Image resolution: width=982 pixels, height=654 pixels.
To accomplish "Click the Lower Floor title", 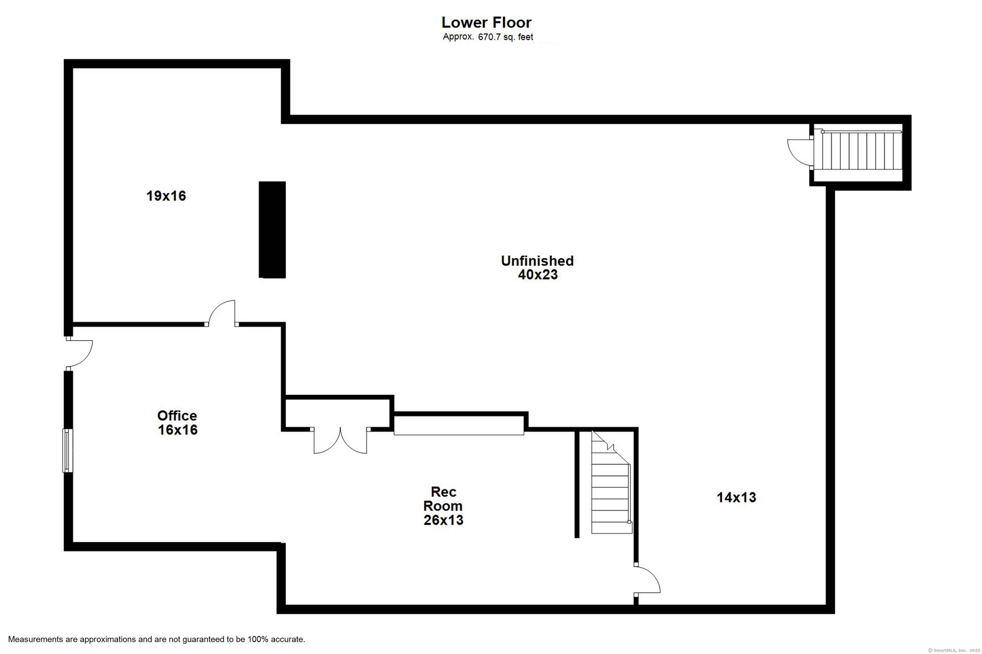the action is point(487,22).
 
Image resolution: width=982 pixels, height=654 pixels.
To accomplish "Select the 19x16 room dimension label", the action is point(166,196).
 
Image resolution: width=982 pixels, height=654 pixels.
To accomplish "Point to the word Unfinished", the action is point(537,261).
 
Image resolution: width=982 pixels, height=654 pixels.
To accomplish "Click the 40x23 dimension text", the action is point(538,274).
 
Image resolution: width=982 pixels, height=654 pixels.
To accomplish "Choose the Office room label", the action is point(177,415).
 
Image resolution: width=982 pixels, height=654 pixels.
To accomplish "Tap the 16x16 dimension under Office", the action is point(177,430).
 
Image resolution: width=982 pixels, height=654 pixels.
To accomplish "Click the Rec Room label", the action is point(443,499).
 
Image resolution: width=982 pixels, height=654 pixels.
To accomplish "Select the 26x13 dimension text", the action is point(443,520).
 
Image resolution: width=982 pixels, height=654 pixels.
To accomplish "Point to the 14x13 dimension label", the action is point(736,497).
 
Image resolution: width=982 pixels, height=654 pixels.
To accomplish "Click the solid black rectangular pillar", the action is point(272,229).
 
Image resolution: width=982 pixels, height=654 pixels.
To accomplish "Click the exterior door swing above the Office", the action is point(79,354).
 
